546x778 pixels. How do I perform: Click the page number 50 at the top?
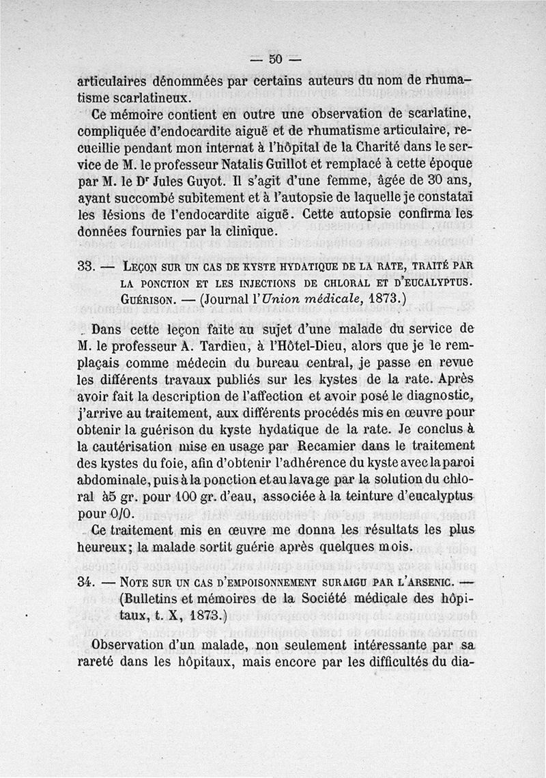275,59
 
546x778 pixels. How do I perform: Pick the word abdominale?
119,480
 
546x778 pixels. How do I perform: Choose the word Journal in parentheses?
224,298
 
